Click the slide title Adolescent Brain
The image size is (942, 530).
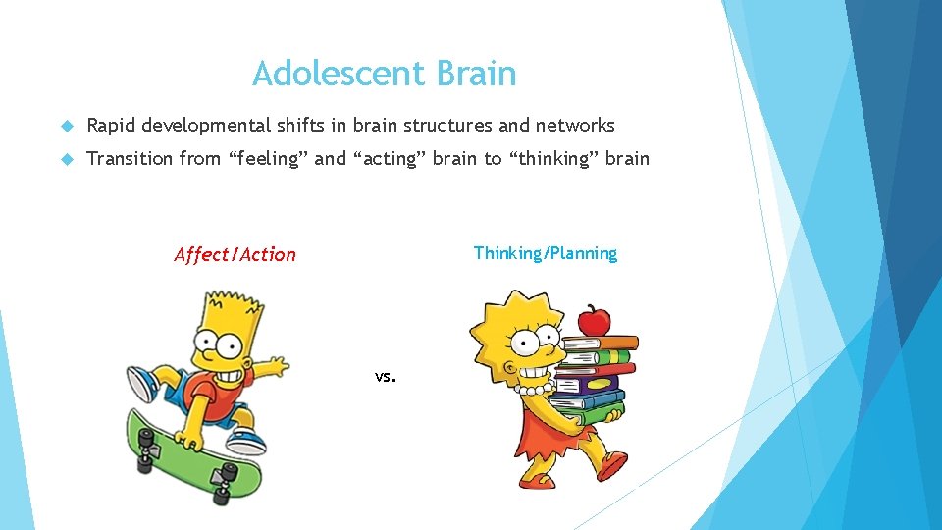click(384, 74)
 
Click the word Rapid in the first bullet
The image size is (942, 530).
click(111, 125)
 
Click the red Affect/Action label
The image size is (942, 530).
click(235, 255)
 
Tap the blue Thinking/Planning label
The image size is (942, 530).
click(546, 253)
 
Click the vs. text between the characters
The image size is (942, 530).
click(385, 376)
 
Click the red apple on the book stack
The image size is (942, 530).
click(594, 320)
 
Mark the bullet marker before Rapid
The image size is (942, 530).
click(67, 126)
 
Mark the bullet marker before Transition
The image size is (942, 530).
click(67, 159)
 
